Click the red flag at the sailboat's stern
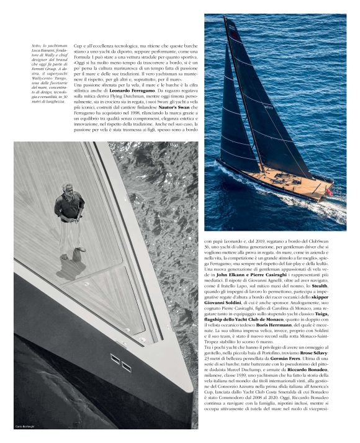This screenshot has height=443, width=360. pyautogui.click(x=329, y=192)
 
